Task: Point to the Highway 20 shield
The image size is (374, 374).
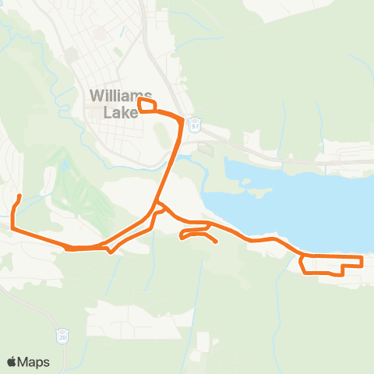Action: tap(62, 337)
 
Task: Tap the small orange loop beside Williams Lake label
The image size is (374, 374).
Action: tap(147, 105)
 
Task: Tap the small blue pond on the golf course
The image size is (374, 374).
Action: tap(64, 166)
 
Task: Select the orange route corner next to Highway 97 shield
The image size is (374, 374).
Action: tap(182, 122)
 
